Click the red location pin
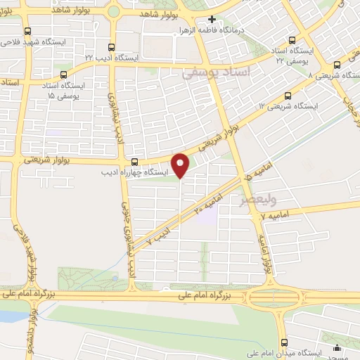pyautogui.click(x=181, y=165)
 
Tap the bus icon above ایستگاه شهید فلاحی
pyautogui.click(x=27, y=32)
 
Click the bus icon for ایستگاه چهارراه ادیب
pyautogui.click(x=135, y=160)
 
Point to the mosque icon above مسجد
pyautogui.click(x=338, y=347)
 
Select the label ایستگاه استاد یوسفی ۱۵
pyautogui.click(x=63, y=89)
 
